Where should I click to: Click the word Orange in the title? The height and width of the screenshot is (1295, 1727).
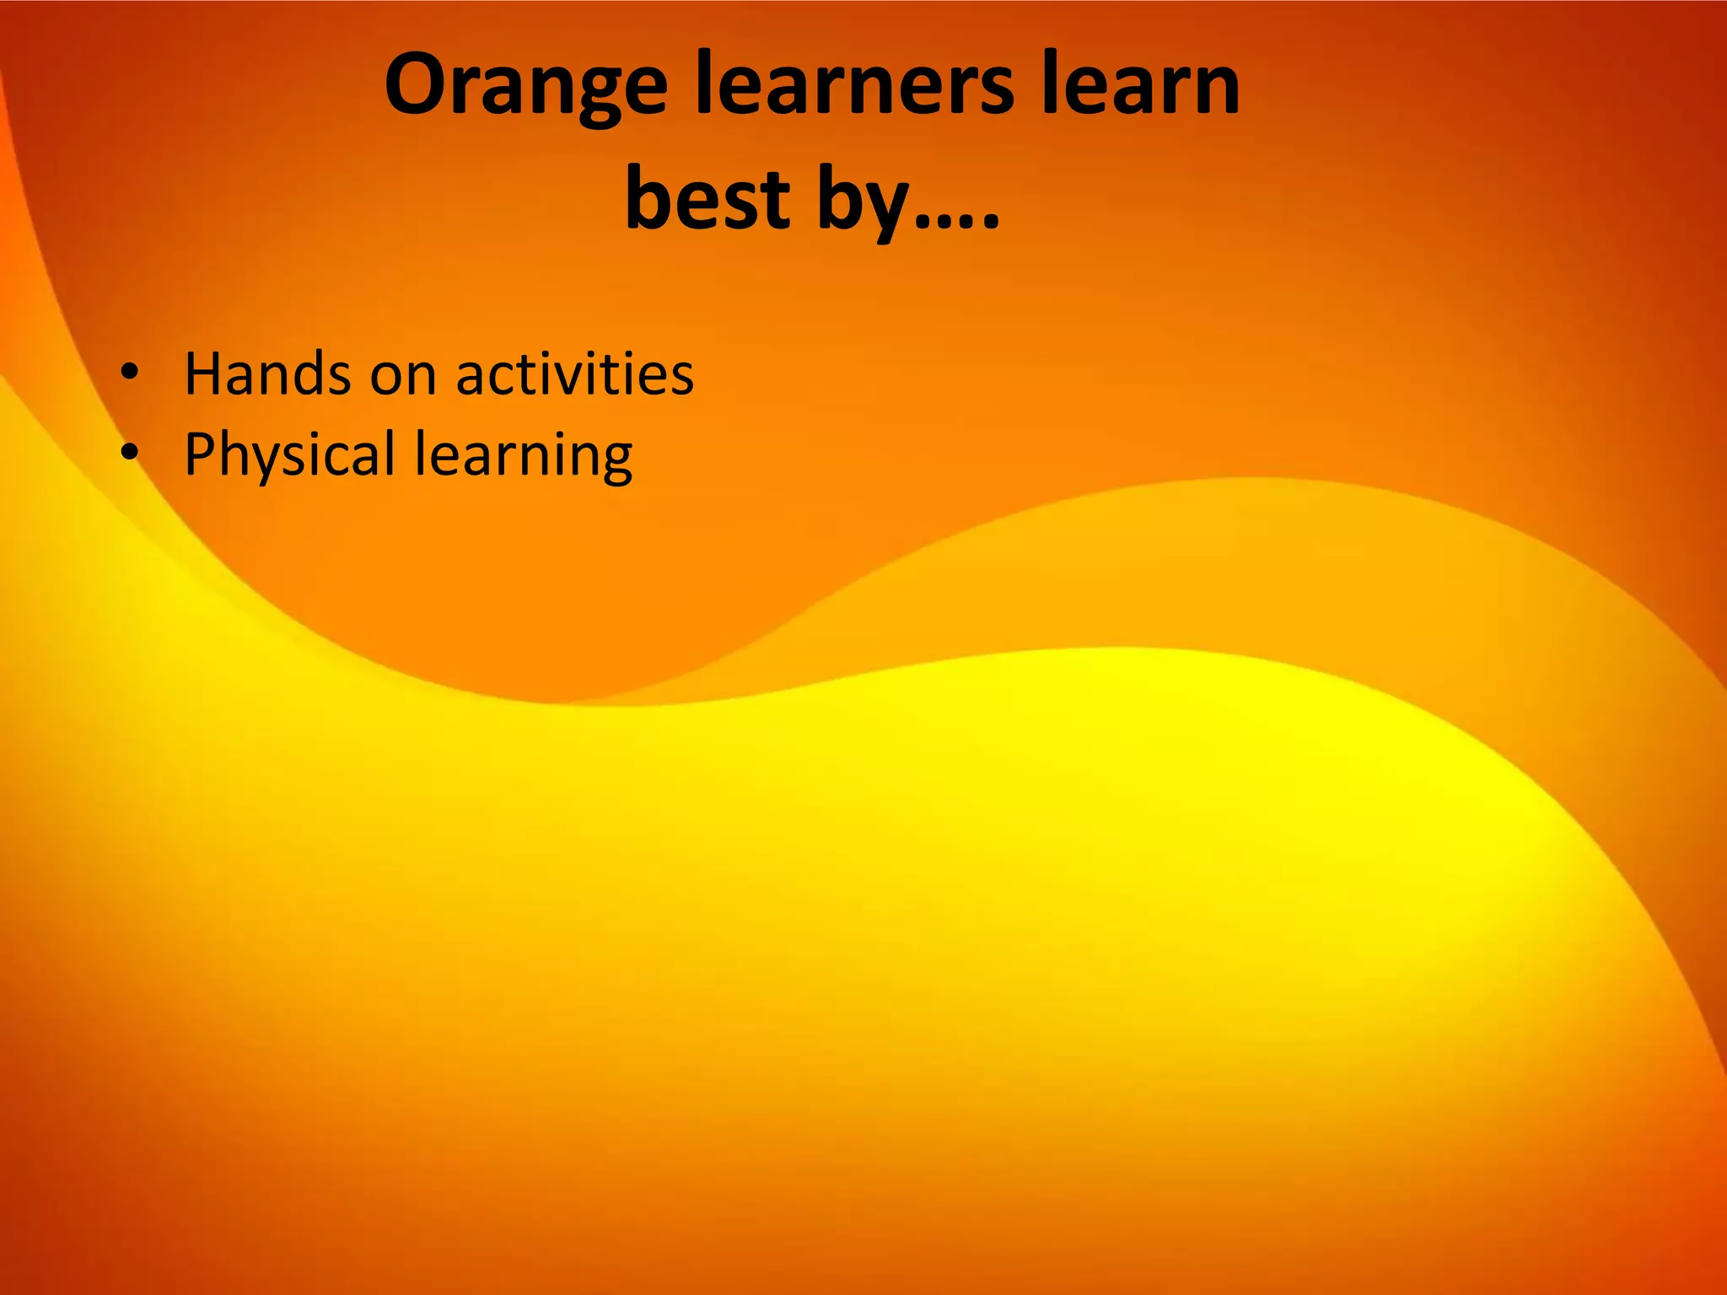tap(525, 87)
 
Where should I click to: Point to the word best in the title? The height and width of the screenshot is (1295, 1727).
tap(707, 199)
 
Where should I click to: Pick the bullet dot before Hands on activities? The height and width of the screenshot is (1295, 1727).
tap(128, 371)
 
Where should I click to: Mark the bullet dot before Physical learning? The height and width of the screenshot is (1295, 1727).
tap(128, 453)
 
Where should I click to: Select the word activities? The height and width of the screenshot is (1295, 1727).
tap(575, 373)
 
